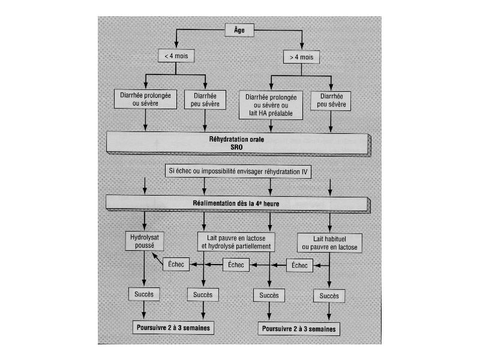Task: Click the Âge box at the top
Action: (239, 30)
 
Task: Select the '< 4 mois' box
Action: (176, 56)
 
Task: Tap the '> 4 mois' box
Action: (302, 57)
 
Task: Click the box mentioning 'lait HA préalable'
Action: (271, 105)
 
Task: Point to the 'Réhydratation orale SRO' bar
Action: (238, 143)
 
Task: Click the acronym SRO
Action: (236, 147)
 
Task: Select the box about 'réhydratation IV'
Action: (238, 171)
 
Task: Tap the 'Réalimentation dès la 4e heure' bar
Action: (238, 203)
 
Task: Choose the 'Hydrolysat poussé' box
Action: (145, 241)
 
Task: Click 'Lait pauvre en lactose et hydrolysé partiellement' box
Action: (236, 242)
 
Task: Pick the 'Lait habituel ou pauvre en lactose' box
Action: (329, 243)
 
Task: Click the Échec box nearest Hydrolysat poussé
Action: (176, 264)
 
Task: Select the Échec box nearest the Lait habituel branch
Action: (299, 265)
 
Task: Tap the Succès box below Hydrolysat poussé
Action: (144, 294)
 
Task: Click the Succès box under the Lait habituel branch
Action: (329, 296)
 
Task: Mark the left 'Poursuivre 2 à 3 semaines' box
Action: (173, 328)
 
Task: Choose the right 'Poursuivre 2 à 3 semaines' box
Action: (299, 329)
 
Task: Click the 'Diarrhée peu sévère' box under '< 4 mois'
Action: (205, 100)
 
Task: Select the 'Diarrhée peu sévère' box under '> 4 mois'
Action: (331, 101)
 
